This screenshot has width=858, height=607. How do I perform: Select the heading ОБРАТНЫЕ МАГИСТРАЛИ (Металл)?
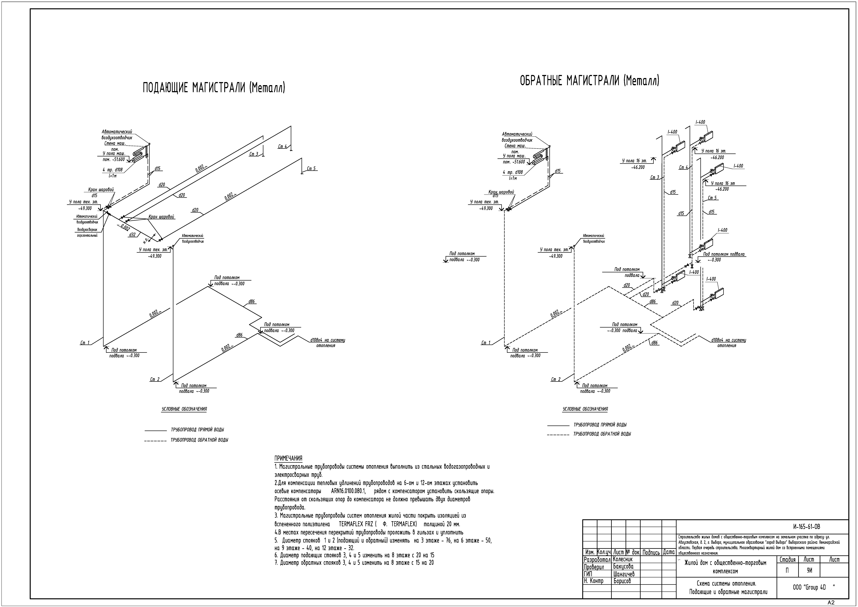(x=590, y=80)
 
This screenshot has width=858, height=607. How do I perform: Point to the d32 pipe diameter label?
(x=132, y=235)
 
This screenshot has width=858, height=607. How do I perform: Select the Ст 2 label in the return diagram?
(x=556, y=379)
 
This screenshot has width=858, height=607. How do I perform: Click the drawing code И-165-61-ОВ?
(x=806, y=527)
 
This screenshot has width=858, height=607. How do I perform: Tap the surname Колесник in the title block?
(x=623, y=559)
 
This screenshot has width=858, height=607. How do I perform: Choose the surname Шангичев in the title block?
(x=624, y=574)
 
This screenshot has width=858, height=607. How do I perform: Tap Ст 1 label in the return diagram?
(x=486, y=343)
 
